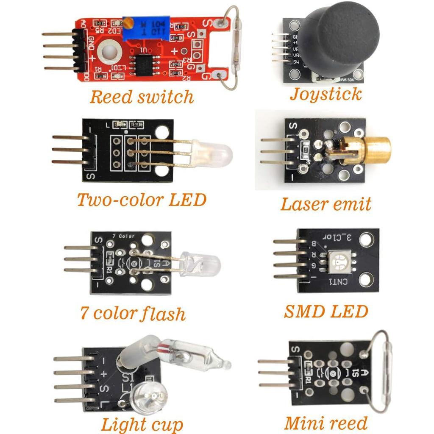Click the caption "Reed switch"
(x=142, y=97)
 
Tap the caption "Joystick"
(x=325, y=94)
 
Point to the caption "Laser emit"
(x=325, y=204)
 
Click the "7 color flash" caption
(x=133, y=314)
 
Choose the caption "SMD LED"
(x=325, y=312)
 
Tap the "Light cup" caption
(x=142, y=424)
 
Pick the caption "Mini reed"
(x=325, y=423)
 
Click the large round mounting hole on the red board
(x=109, y=53)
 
